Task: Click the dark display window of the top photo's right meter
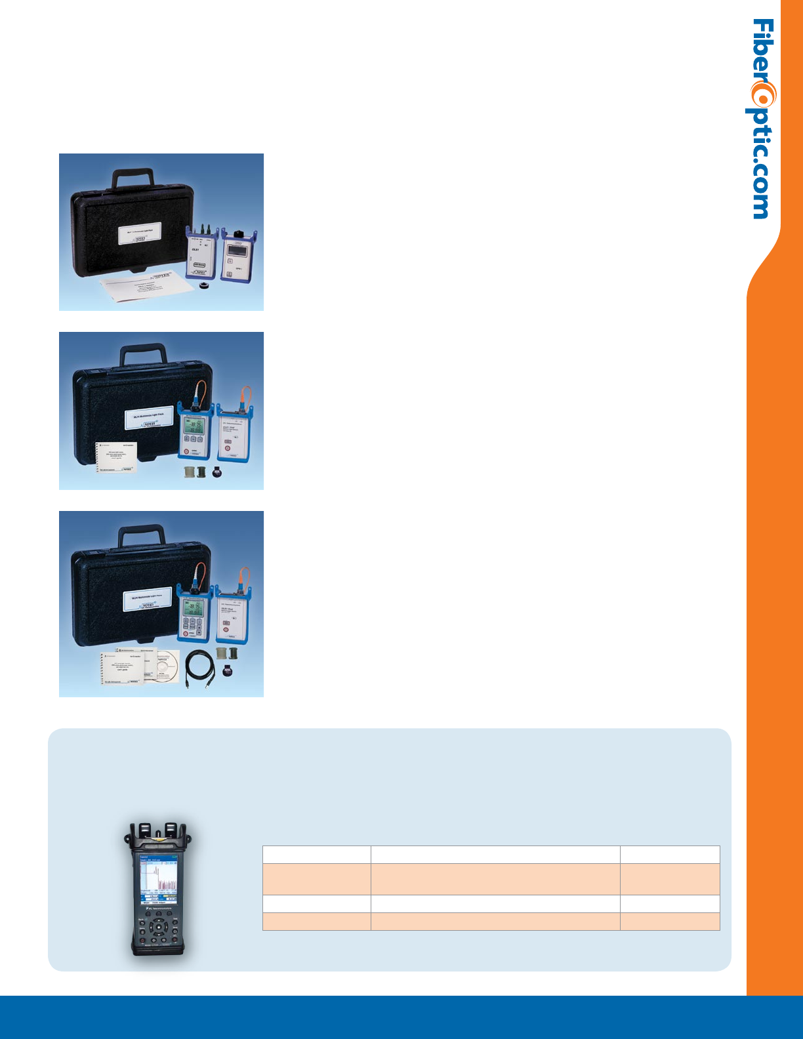(x=236, y=250)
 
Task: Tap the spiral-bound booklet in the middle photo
(x=116, y=457)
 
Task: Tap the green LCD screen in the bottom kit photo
(x=194, y=610)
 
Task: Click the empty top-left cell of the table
(x=316, y=855)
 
